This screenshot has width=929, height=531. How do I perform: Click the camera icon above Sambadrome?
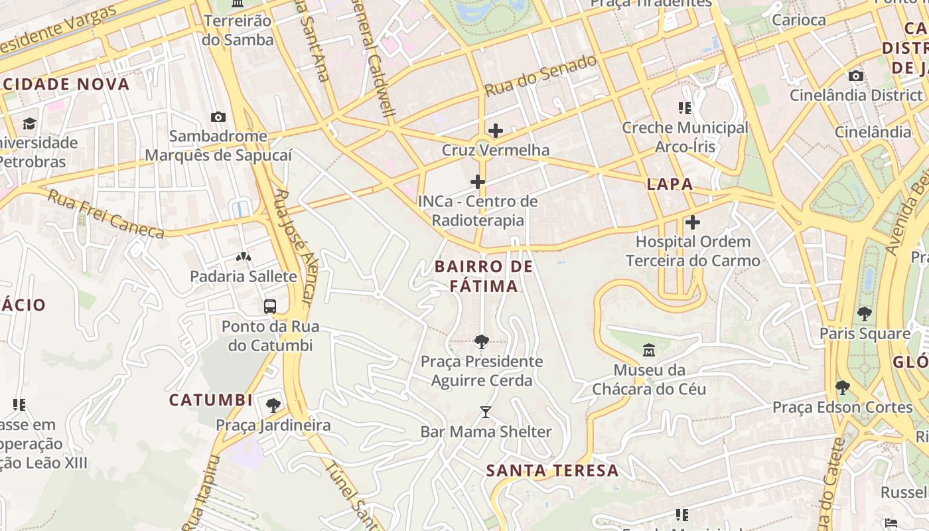218,117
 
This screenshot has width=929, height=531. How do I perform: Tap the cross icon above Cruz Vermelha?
495,131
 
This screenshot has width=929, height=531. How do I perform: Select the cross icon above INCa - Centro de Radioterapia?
478,182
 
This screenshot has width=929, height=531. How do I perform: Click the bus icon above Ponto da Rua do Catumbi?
270,307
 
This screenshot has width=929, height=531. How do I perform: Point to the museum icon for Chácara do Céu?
649,350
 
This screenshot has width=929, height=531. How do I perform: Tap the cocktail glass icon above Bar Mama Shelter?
486,412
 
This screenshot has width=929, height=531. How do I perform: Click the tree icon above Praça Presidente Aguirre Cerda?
482,342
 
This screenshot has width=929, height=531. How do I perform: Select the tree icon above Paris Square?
864,313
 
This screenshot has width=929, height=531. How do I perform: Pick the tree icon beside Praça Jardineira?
273,405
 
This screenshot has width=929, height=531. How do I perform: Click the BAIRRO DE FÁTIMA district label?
484,276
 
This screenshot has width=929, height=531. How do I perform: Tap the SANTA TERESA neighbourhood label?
552,471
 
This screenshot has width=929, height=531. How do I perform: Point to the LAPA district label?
670,184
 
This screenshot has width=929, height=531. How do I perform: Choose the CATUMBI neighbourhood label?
210,400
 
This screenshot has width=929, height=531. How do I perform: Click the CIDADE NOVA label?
66,84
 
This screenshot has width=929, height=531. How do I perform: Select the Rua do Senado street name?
540,75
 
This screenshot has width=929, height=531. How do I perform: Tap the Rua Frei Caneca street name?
106,214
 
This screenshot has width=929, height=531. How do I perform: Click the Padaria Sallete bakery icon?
244,256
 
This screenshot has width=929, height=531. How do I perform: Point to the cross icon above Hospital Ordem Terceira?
693,222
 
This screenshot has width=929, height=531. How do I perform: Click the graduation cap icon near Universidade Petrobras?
29,123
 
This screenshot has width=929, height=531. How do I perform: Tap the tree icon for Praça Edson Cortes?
843,387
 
